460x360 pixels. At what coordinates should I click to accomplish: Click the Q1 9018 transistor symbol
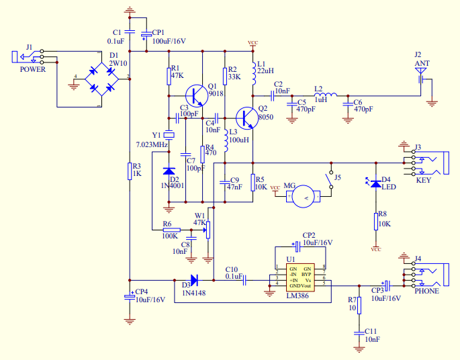(x=197, y=96)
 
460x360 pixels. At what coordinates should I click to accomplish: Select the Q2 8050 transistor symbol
(x=246, y=118)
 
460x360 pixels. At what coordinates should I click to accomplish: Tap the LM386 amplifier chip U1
(x=300, y=277)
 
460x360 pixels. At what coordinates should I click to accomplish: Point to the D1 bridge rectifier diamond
(x=102, y=79)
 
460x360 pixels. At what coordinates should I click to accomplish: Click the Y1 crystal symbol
(x=169, y=135)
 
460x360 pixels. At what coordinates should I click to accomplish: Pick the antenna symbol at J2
(x=420, y=75)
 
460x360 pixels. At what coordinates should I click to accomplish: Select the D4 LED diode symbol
(x=376, y=183)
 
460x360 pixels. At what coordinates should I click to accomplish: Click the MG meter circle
(x=304, y=197)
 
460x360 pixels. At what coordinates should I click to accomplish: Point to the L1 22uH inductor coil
(x=254, y=73)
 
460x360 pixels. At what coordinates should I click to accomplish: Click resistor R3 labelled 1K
(x=130, y=171)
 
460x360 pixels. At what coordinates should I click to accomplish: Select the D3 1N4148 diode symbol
(x=194, y=280)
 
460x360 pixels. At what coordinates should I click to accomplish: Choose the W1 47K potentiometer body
(x=208, y=230)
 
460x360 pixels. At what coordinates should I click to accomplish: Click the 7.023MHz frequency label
(x=152, y=144)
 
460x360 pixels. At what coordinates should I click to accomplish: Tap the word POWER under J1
(x=33, y=70)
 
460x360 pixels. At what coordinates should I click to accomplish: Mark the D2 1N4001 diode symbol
(x=169, y=171)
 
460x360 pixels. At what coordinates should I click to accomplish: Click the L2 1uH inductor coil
(x=325, y=95)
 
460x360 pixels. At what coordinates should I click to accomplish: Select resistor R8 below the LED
(x=376, y=222)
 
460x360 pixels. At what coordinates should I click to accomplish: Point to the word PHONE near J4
(x=427, y=291)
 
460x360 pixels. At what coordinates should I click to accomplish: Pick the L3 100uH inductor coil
(x=226, y=140)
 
